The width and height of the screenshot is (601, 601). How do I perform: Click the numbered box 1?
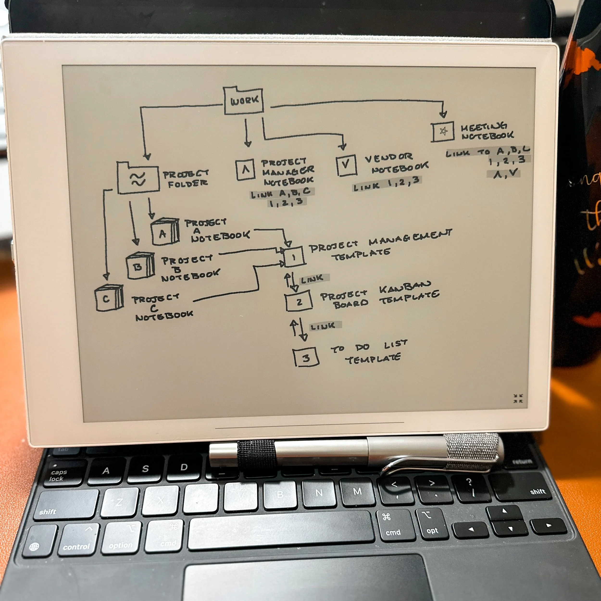[x=294, y=257]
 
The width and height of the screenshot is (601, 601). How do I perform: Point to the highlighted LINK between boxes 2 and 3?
[x=324, y=326]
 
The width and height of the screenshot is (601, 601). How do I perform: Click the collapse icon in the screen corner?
[x=518, y=399]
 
